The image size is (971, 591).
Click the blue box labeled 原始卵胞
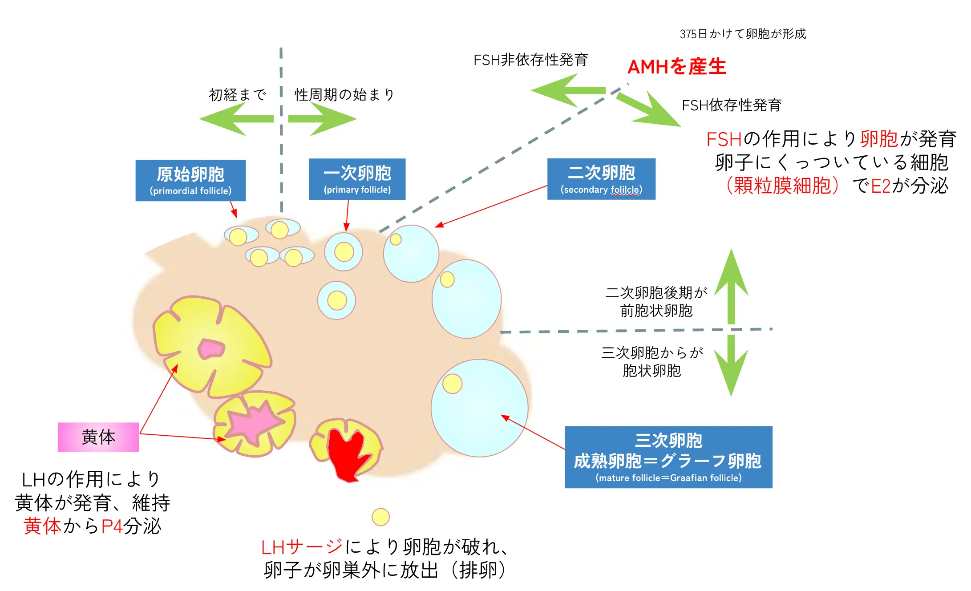point(190,180)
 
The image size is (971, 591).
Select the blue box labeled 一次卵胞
point(357,179)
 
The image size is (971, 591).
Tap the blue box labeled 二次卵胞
point(601,179)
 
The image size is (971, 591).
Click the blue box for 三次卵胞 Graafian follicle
point(668,457)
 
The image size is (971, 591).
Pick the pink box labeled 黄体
point(98,437)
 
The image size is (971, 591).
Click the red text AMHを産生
point(676,67)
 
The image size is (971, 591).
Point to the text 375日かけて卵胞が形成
point(742,34)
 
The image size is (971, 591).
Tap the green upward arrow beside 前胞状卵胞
point(731,285)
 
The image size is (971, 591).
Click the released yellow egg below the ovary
point(380,517)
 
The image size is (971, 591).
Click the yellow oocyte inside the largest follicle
point(453,384)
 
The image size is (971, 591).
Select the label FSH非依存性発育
point(530,60)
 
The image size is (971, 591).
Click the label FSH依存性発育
point(731,105)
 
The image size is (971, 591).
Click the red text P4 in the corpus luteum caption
point(112,526)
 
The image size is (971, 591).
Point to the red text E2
point(880,186)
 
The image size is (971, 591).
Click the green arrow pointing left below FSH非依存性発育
point(565,90)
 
